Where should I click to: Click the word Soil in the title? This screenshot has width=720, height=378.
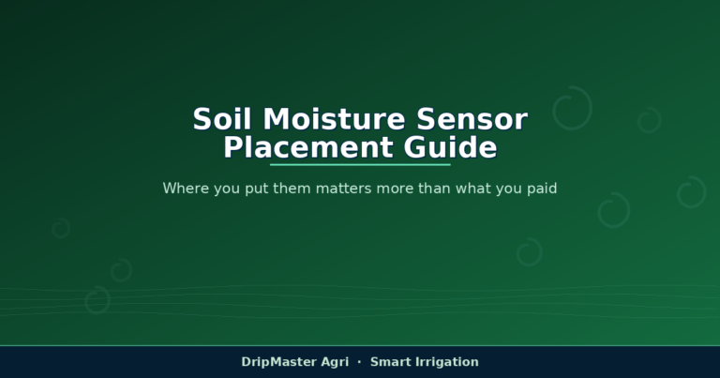click(x=222, y=119)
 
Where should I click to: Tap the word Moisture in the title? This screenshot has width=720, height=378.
click(x=334, y=119)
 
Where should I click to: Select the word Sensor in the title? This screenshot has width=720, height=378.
click(x=472, y=119)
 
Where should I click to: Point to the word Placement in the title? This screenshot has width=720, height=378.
click(x=308, y=147)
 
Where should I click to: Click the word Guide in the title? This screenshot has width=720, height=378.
click(x=450, y=147)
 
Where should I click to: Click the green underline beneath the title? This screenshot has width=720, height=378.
click(x=360, y=164)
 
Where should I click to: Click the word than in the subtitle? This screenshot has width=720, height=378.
click(x=435, y=189)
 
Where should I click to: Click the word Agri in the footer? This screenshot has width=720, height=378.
click(x=335, y=362)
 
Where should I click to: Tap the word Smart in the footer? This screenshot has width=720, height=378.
click(x=390, y=362)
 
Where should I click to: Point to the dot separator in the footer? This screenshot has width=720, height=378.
click(x=359, y=362)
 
